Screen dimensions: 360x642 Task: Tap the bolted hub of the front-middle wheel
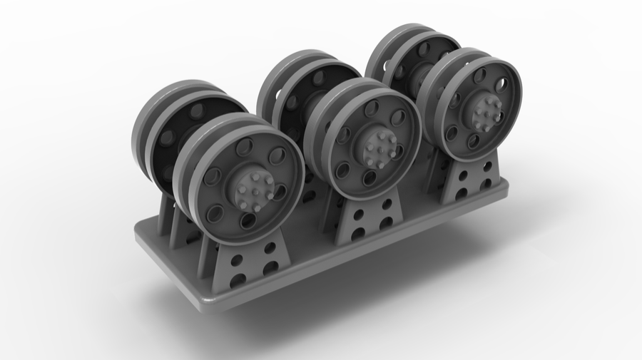tap(375, 147)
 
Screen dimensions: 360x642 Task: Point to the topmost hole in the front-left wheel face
tap(244, 148)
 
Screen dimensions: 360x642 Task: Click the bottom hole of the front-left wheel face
tap(248, 222)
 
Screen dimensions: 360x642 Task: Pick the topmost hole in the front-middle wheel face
tap(372, 108)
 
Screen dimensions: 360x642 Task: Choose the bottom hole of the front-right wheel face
tap(474, 141)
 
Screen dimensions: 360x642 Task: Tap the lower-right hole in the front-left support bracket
tap(270, 268)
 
